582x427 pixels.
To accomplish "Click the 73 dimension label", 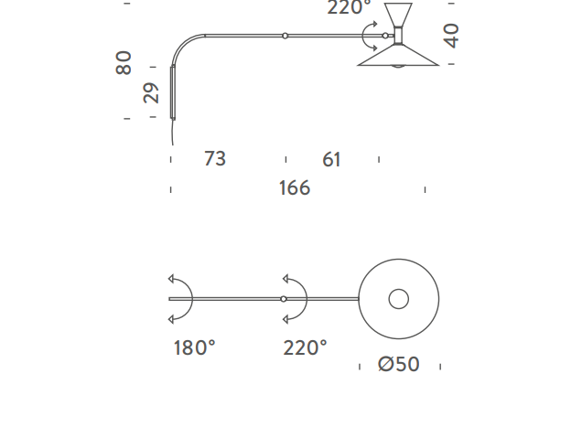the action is coord(215,158).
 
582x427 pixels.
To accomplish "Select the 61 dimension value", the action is coord(331,159).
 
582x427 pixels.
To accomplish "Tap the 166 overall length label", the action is coord(295,187).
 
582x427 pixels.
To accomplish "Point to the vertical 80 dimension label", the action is coord(124,63).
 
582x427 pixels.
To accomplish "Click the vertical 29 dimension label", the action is coord(151,92).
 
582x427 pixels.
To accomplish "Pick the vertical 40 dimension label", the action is coord(451,36).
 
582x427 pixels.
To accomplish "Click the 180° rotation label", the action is coord(195,348).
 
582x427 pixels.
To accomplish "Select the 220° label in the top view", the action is coord(305,348).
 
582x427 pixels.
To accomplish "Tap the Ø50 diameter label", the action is coord(399,364).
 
